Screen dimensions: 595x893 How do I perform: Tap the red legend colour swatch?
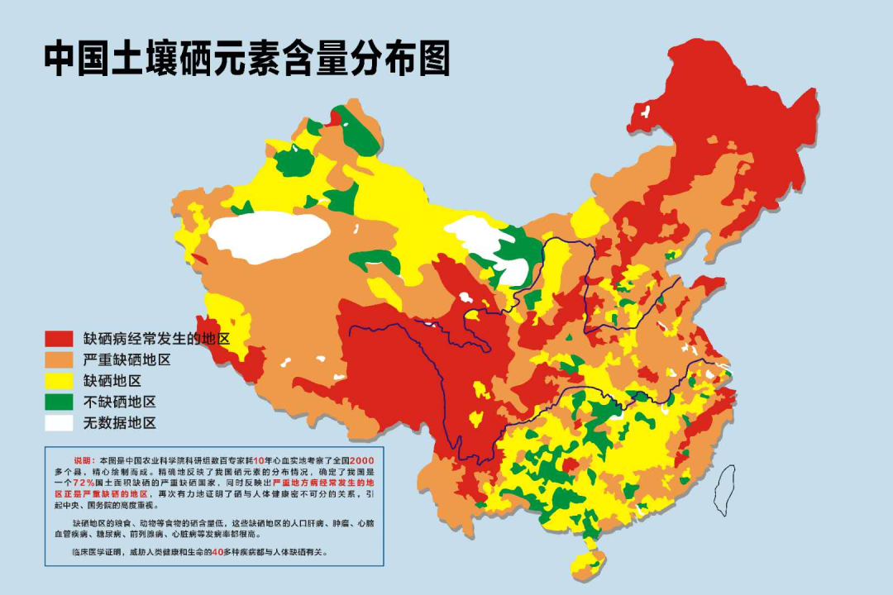pos(60,339)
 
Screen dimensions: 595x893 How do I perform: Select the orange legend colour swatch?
pos(60,360)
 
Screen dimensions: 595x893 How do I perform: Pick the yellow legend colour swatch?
pos(60,381)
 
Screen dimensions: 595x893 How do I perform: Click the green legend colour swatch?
pos(60,402)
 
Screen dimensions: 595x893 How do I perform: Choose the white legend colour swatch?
pos(60,423)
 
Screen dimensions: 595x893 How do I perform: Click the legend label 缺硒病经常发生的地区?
pos(155,339)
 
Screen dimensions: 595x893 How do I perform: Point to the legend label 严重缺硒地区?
pos(127,360)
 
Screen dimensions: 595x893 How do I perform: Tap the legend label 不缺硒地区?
pos(119,402)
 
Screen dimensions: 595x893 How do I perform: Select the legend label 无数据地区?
pos(119,423)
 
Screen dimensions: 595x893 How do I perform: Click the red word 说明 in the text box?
pos(84,459)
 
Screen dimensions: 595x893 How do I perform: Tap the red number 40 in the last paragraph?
pos(217,551)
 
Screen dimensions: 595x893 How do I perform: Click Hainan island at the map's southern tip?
pos(588,565)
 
